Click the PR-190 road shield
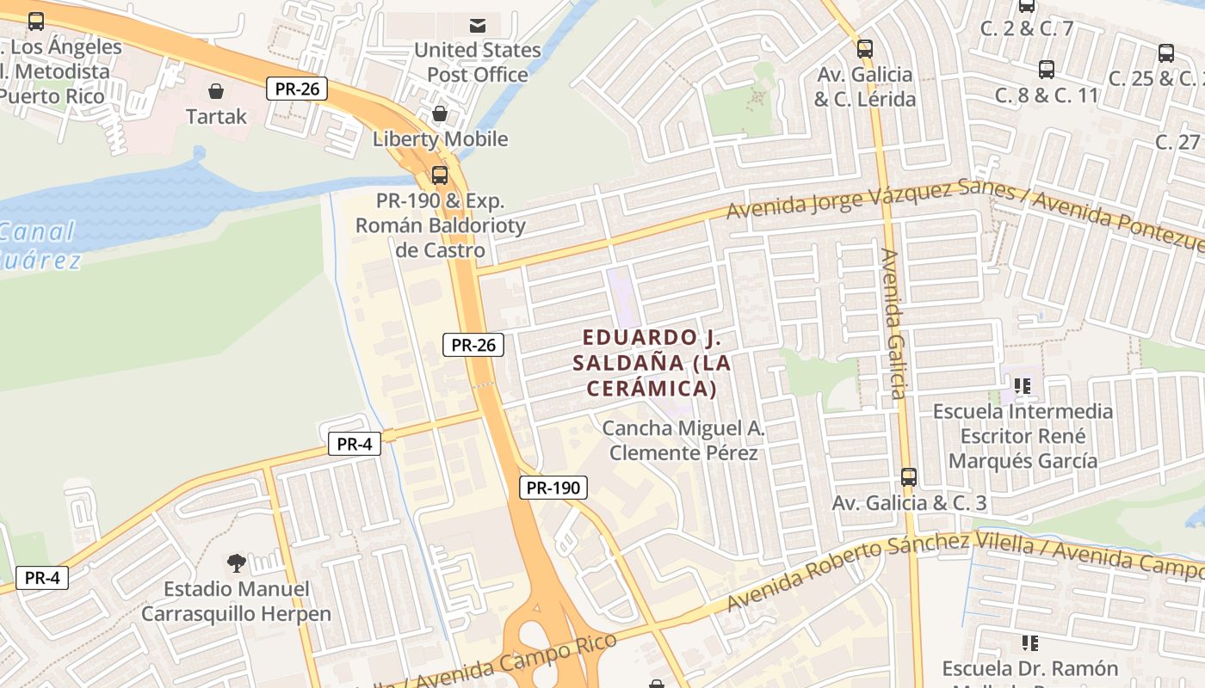(553, 488)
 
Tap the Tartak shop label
(216, 116)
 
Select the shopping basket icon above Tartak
(216, 90)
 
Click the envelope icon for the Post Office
(477, 25)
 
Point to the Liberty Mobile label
(440, 138)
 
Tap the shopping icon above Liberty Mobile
(440, 114)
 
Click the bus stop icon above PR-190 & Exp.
(440, 175)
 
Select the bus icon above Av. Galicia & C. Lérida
(865, 49)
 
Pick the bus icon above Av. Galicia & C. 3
(909, 477)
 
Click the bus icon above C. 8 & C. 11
(1047, 70)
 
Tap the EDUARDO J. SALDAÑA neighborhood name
(652, 362)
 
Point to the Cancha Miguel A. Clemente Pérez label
(683, 440)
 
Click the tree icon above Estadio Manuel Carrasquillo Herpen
(236, 563)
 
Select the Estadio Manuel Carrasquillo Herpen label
(236, 601)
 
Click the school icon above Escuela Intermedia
(1023, 386)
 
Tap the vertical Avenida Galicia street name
(893, 324)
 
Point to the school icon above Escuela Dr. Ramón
(1029, 642)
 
